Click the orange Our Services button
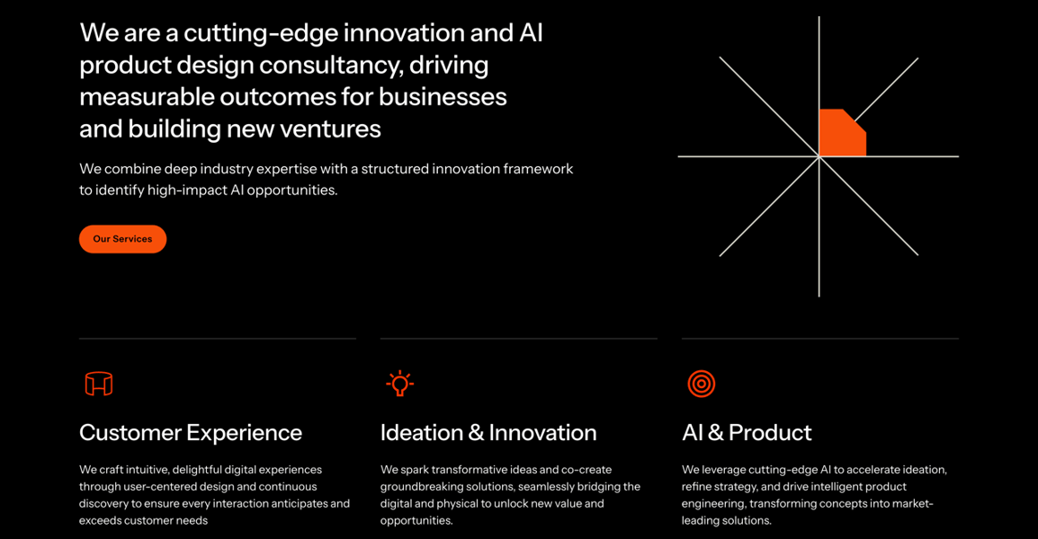[122, 239]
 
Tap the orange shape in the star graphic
[841, 134]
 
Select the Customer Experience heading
[191, 432]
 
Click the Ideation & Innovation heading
[488, 432]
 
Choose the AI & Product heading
[747, 432]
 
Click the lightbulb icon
[400, 384]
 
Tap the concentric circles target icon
[702, 384]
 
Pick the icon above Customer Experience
[99, 384]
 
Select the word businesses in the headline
[443, 97]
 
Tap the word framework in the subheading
[538, 169]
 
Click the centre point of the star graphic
[819, 156]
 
